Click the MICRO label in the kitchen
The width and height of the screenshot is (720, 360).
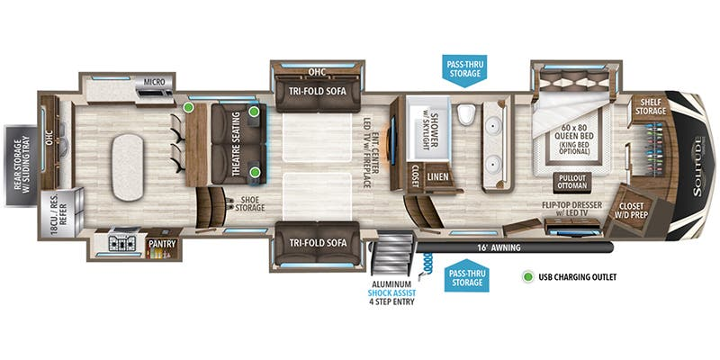click(x=154, y=82)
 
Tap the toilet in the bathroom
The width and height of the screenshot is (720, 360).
click(x=465, y=114)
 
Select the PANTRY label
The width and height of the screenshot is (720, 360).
click(x=162, y=244)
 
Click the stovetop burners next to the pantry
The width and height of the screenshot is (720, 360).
click(x=121, y=243)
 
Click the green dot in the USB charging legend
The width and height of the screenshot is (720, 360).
click(x=529, y=277)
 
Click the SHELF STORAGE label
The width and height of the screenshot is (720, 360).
click(x=651, y=107)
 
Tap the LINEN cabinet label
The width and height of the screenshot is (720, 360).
click(x=437, y=176)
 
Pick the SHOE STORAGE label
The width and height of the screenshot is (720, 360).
click(x=250, y=204)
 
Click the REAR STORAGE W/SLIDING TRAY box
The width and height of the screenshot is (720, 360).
click(x=21, y=166)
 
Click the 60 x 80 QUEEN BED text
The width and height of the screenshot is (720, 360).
click(x=574, y=131)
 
